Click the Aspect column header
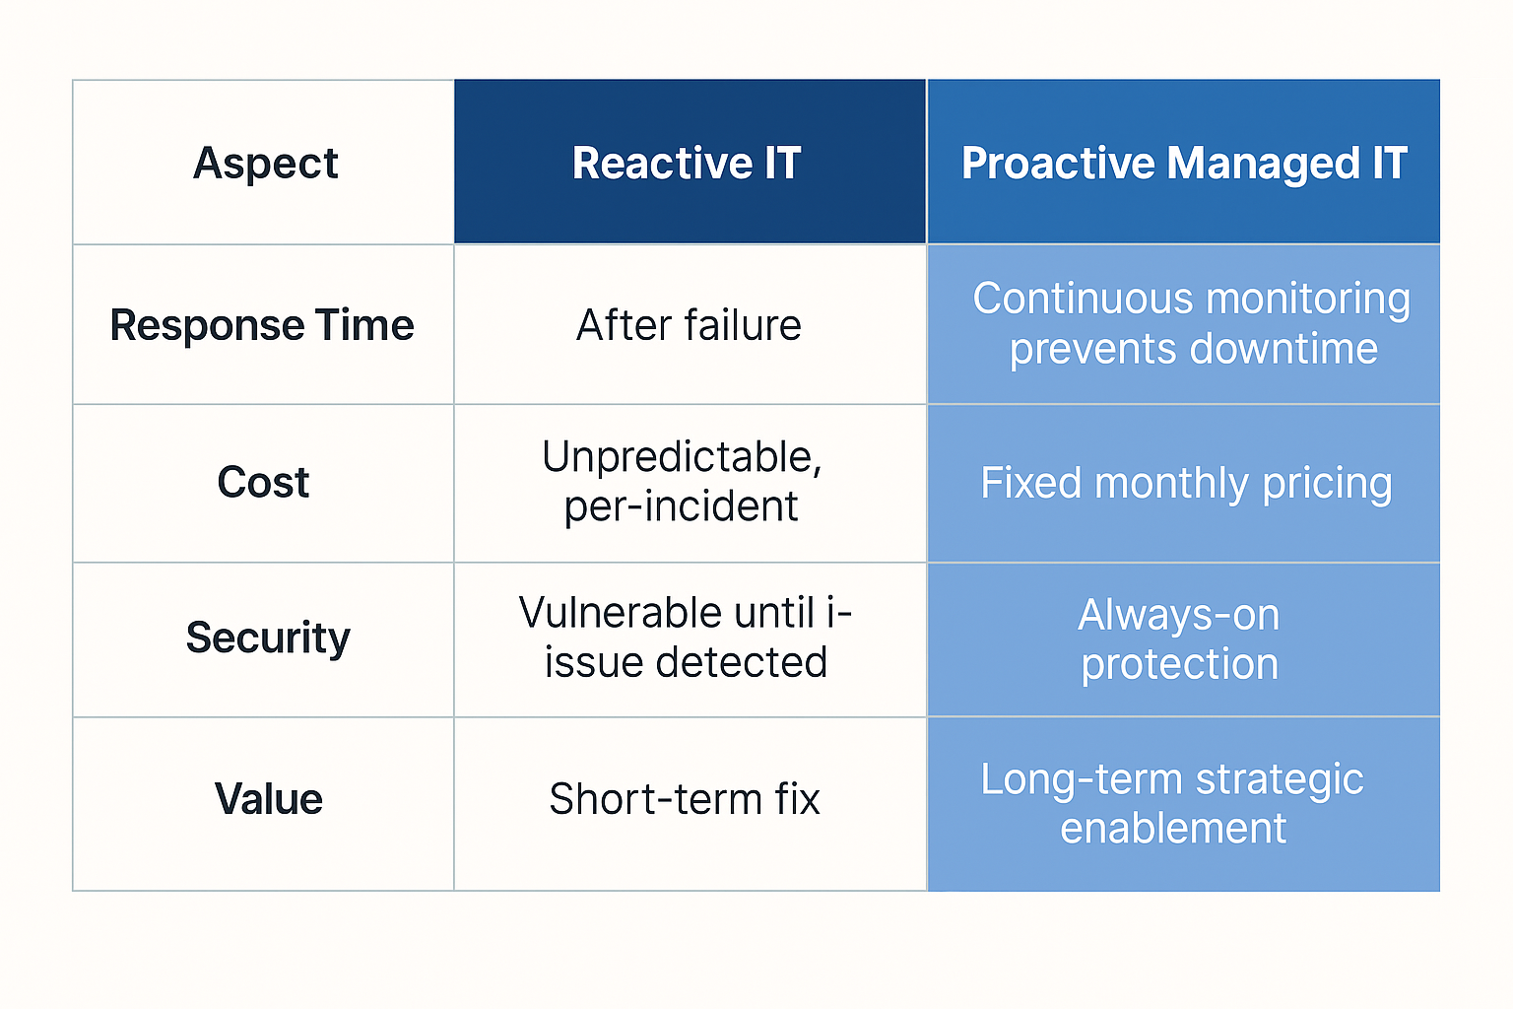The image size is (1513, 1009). coord(265,163)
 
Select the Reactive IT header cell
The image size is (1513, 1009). coord(687,163)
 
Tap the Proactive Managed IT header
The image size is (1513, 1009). coord(1183,163)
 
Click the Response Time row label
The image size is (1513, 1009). coord(262,325)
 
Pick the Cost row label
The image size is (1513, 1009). coord(263,483)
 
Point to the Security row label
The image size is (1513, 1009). coord(268,638)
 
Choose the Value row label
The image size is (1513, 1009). coord(268,799)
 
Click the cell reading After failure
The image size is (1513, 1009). coord(689,325)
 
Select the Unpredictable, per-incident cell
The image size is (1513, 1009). coord(683,482)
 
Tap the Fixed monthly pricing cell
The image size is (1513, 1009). coord(1185,483)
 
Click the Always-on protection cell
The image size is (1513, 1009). coord(1179,639)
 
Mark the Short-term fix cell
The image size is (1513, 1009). coord(685,799)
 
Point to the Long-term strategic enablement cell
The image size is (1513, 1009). coord(1172,803)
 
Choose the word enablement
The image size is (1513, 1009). coord(1173,829)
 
